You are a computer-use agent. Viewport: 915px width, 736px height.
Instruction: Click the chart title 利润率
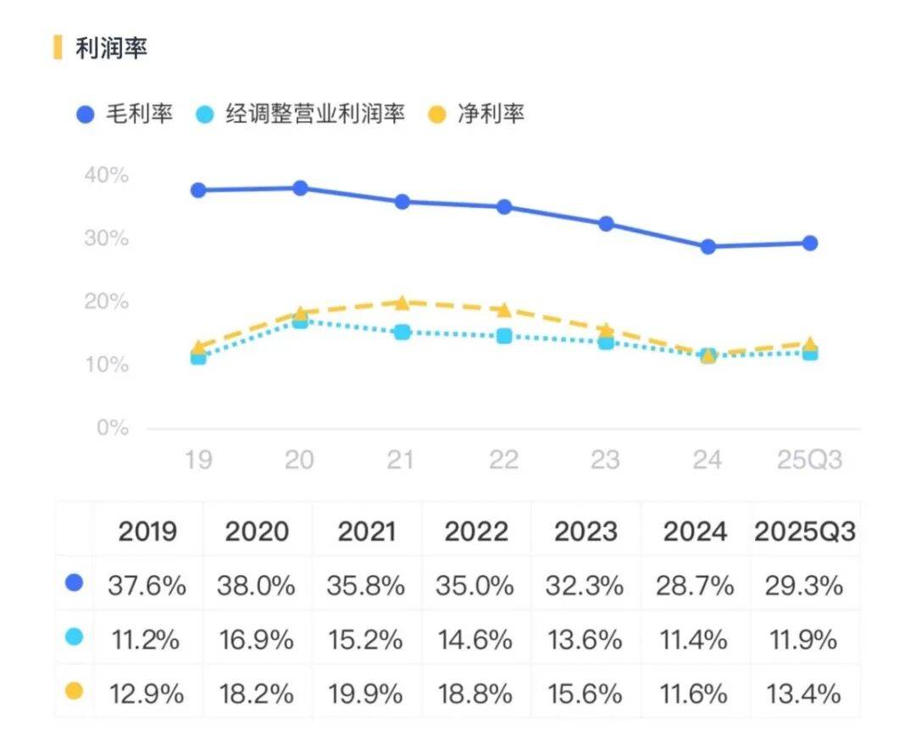[111, 48]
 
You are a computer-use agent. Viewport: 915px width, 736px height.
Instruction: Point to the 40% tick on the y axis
[107, 176]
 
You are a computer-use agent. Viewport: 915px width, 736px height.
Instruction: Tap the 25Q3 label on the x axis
[810, 460]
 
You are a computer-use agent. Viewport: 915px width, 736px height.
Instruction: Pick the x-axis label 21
[401, 460]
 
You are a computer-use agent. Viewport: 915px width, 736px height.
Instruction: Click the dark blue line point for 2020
[300, 187]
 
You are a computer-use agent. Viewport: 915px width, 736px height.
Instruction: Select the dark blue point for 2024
[707, 247]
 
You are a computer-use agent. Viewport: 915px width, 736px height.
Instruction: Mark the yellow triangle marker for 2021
[402, 302]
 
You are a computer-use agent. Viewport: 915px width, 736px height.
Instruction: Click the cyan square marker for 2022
[504, 336]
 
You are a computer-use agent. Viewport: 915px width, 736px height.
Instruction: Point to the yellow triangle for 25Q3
[810, 343]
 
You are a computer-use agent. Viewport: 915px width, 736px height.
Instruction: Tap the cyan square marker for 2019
[198, 357]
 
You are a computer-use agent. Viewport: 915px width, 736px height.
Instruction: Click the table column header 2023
[586, 532]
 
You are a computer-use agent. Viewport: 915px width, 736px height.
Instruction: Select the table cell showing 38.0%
[257, 585]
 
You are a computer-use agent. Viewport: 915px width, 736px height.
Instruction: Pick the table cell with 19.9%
[367, 694]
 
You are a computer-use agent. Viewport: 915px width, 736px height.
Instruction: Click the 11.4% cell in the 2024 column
[695, 639]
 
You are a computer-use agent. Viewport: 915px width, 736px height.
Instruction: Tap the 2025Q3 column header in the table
[804, 532]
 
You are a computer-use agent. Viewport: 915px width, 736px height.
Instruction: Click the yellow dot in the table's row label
[75, 692]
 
